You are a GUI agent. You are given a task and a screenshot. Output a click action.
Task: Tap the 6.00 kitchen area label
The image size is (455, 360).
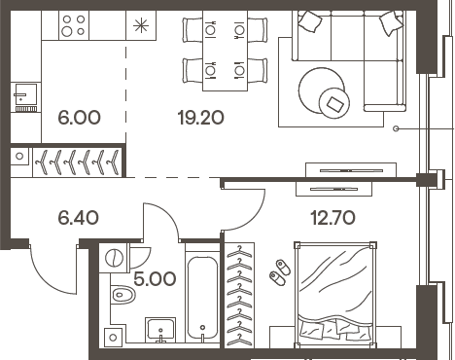click(80, 118)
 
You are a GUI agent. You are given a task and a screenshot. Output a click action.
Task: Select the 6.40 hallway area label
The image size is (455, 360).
click(80, 218)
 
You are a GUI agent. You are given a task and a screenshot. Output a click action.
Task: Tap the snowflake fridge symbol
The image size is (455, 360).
click(142, 25)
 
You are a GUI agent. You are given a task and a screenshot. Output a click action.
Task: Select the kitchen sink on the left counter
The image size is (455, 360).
click(23, 94)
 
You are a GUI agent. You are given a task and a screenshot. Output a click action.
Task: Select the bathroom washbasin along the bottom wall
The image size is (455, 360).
click(158, 332)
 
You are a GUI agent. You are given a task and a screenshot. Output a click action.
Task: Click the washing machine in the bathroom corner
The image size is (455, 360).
click(115, 258)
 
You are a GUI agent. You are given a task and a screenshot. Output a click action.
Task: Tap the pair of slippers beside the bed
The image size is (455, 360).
click(280, 270)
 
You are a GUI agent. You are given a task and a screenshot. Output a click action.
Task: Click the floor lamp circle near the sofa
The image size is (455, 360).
click(397, 128)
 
